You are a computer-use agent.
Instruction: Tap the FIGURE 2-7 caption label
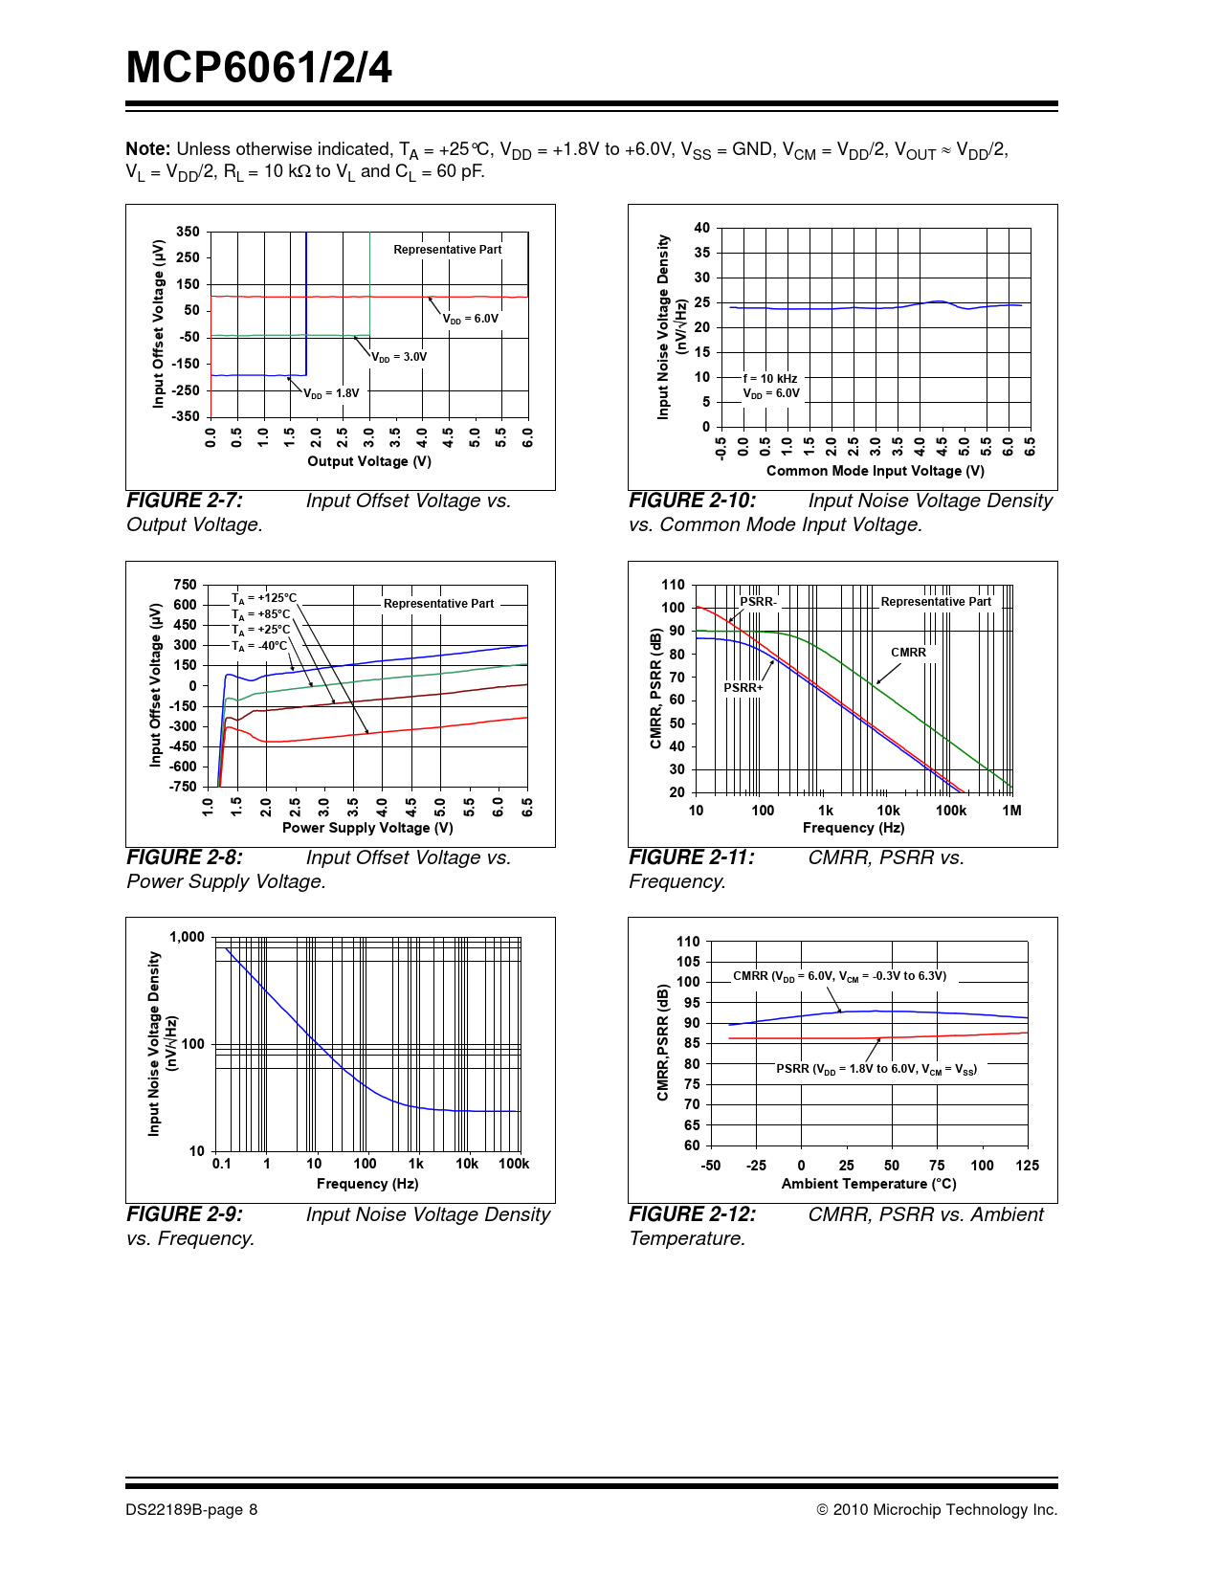[185, 500]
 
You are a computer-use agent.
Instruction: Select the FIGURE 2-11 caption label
[691, 857]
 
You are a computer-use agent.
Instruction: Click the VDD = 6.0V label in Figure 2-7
[470, 319]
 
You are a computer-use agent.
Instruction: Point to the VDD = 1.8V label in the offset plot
[331, 393]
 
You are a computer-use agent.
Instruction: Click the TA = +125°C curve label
[264, 598]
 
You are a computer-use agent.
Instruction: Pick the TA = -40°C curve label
[259, 646]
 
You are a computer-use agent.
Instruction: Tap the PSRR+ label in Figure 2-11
[743, 687]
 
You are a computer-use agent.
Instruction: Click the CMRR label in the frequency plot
[908, 653]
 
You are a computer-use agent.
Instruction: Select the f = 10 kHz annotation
[770, 379]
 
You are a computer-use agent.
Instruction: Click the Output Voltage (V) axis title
[369, 461]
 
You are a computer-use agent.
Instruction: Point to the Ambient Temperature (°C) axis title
[869, 1184]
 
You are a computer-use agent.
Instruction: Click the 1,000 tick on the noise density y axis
[187, 937]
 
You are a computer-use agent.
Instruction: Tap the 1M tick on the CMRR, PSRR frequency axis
[1011, 811]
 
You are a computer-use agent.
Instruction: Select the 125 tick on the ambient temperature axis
[1027, 1166]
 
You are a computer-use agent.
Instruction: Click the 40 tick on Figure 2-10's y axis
[702, 228]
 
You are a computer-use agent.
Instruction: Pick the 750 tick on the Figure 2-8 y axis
[185, 585]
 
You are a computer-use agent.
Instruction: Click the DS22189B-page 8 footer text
[191, 1510]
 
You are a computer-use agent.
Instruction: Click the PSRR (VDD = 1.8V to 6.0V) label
[876, 1069]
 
